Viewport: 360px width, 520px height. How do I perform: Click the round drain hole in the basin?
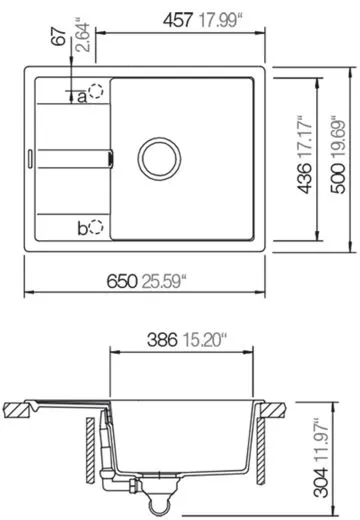[x=158, y=157]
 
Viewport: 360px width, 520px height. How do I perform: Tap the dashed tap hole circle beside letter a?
[x=96, y=93]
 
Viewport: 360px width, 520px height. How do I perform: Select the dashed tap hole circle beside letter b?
[x=97, y=227]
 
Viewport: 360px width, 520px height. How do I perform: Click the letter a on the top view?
[x=82, y=96]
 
